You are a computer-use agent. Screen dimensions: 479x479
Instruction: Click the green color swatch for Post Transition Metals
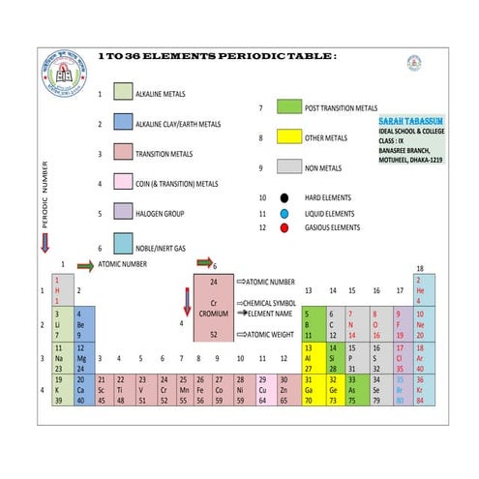pos(289,106)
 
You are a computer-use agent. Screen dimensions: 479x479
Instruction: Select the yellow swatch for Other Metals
pos(289,137)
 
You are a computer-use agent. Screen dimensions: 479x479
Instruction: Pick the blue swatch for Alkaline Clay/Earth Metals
pos(123,123)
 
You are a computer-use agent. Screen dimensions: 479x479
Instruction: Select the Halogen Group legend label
pos(172,212)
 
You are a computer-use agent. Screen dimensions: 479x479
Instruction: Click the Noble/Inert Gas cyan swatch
pos(123,242)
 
